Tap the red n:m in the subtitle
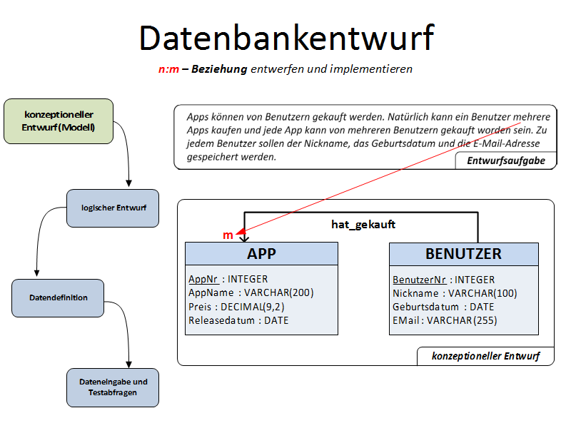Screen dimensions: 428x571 tap(168, 69)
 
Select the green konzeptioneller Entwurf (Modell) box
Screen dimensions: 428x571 tap(59, 121)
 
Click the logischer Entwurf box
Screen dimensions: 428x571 tap(113, 208)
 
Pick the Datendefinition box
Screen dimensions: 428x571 tap(59, 297)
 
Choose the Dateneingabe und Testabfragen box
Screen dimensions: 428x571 tap(113, 387)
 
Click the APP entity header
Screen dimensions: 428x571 tap(261, 254)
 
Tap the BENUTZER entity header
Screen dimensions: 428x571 tap(463, 254)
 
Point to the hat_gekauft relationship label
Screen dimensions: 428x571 tap(363, 224)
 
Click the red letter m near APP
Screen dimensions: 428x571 tap(228, 235)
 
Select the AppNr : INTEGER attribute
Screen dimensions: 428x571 tap(228, 279)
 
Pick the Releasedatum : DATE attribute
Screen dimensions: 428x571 tap(238, 320)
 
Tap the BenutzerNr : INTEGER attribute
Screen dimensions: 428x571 tap(443, 280)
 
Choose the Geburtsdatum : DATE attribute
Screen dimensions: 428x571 tap(443, 307)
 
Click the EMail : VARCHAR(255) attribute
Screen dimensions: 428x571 tap(445, 320)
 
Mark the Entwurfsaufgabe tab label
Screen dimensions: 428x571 tap(506, 161)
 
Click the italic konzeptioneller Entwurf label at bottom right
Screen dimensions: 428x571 tap(485, 356)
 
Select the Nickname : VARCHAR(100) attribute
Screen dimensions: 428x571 tap(455, 293)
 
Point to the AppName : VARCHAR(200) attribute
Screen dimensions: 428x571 tap(251, 292)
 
